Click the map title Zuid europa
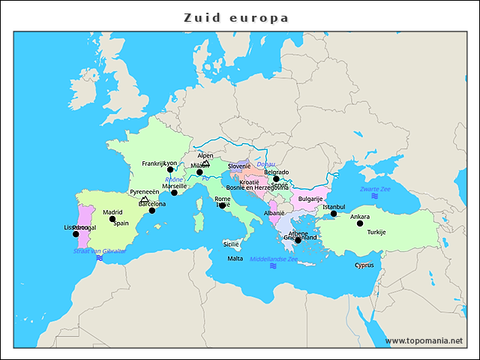click(236, 17)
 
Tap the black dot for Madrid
click(112, 220)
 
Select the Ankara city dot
click(360, 223)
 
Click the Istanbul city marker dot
click(334, 214)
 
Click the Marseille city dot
click(174, 193)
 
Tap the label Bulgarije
click(310, 199)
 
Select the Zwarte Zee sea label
click(375, 189)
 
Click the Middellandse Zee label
click(274, 259)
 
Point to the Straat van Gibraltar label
click(100, 250)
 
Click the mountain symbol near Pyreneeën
click(145, 199)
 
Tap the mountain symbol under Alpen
click(205, 163)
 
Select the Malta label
click(235, 259)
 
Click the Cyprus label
click(364, 265)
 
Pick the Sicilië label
click(231, 244)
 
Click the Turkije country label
click(376, 232)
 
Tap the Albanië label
click(274, 213)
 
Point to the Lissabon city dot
click(76, 234)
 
